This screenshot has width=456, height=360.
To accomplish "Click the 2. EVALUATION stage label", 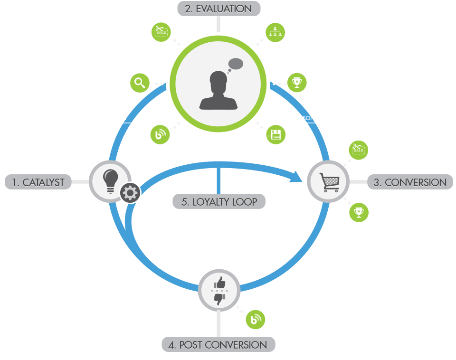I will coord(218,9).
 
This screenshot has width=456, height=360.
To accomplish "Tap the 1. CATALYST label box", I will coord(38,182).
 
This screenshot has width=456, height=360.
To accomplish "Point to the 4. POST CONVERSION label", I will coord(218,344).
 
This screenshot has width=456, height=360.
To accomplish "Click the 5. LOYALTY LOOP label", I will coord(218,201).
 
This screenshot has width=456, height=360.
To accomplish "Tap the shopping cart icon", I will coord(329,182).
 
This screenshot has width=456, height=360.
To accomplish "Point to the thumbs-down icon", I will coord(219,298).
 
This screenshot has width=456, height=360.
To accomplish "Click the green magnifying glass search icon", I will coord(140,83).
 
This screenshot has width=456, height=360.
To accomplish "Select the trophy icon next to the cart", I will coord(359,212).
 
